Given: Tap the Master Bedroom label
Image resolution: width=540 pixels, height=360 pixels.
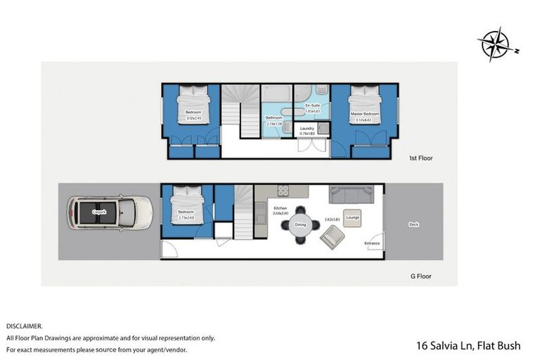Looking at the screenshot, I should pyautogui.click(x=365, y=113).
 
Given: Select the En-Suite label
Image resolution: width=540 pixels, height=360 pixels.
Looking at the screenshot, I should pyautogui.click(x=312, y=105).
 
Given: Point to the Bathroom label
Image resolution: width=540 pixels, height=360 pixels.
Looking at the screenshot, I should pyautogui.click(x=274, y=117).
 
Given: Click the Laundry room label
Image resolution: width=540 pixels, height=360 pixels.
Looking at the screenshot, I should pyautogui.click(x=307, y=128).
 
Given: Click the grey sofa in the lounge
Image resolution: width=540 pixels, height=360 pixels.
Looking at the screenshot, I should pyautogui.click(x=356, y=194).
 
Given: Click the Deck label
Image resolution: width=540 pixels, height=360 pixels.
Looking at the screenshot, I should pyautogui.click(x=413, y=225).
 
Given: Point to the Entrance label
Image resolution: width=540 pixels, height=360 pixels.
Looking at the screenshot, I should pyautogui.click(x=372, y=243).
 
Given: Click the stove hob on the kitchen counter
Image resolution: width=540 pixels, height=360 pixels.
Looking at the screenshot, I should pyautogui.click(x=283, y=191).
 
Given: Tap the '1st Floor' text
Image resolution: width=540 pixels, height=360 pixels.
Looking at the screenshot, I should pyautogui.click(x=420, y=158).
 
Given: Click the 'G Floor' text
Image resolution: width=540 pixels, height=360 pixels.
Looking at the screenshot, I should pyautogui.click(x=420, y=276).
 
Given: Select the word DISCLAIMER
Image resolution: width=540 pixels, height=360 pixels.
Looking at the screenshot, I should pyautogui.click(x=25, y=326).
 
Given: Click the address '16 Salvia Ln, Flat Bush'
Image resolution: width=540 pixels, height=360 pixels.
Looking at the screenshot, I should pyautogui.click(x=469, y=345).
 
